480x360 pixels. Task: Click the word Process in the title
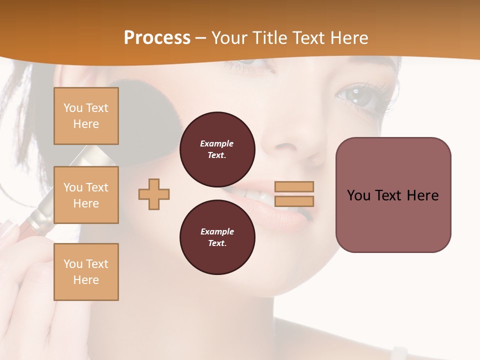tap(157, 38)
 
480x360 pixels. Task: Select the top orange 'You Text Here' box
tap(86, 116)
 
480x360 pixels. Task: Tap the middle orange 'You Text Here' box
tap(86, 195)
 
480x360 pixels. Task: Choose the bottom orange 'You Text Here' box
tap(86, 272)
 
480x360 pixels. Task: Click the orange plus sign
tap(154, 194)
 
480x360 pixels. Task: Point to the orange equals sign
tap(294, 194)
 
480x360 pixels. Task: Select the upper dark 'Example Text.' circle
tap(217, 149)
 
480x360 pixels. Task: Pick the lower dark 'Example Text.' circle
tap(217, 237)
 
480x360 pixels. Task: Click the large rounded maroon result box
tap(393, 195)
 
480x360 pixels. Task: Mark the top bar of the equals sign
tap(294, 187)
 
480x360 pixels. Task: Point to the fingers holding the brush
tap(20, 250)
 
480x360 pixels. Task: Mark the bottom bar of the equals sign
tap(294, 201)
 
